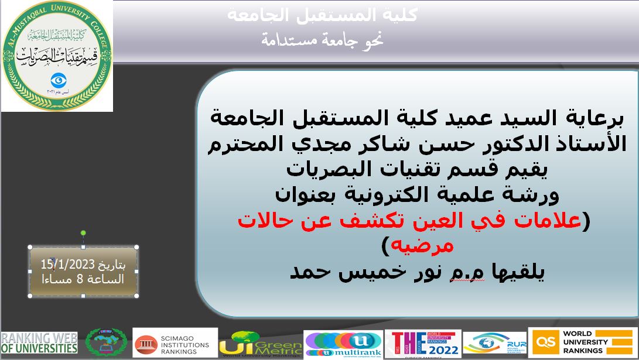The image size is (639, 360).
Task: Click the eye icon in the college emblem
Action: pos(57,78)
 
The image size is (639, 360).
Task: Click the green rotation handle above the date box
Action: pos(83,233)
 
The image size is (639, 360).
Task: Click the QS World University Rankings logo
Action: pos(582,342)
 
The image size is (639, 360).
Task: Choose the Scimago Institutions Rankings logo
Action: pos(175,342)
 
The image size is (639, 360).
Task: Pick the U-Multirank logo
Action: pos(343,343)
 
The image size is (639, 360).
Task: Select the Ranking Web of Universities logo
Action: pos(39,343)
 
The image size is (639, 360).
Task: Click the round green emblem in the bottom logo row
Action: pos(106,342)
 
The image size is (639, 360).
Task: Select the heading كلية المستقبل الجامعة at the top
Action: pos(322,16)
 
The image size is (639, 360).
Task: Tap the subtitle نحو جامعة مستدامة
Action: pos(322,40)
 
